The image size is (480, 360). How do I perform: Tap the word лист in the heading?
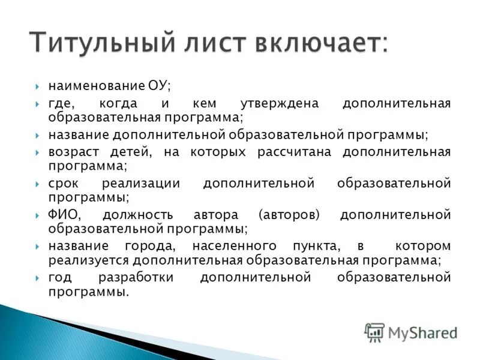point(220,44)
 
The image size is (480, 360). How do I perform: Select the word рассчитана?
point(294,152)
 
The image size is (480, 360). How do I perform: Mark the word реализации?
point(142,183)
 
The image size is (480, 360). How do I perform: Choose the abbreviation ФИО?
point(63,215)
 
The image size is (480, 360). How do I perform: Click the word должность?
point(137,215)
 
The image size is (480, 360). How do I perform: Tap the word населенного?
point(234,246)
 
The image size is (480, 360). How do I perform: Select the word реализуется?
point(89,260)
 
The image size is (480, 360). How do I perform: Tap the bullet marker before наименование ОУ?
point(37,86)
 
